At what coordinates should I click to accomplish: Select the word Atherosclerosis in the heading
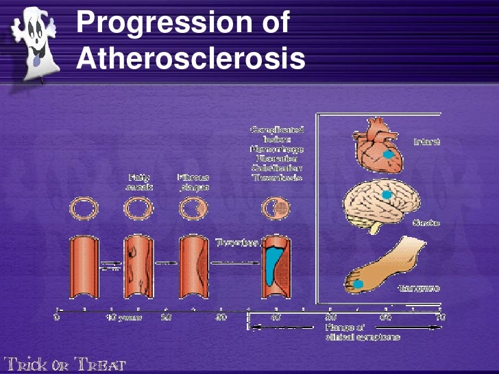click(x=191, y=60)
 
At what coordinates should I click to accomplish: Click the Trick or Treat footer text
click(x=65, y=362)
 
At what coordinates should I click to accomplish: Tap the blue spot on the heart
click(x=389, y=154)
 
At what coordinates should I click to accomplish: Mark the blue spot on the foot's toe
click(x=358, y=284)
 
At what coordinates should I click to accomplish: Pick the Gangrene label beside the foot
click(x=426, y=288)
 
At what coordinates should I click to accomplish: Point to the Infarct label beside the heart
click(x=426, y=142)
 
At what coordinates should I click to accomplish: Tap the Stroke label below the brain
click(x=426, y=223)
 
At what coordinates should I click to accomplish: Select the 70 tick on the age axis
click(x=439, y=317)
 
